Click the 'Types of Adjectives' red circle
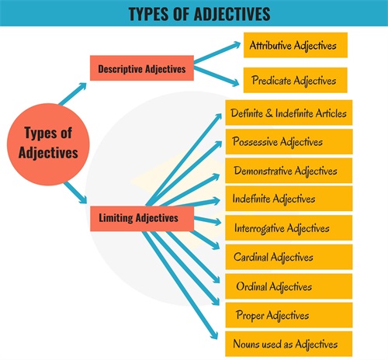point(48,144)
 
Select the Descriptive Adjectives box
point(142,68)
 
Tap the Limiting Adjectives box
point(142,219)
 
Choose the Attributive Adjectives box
point(296,45)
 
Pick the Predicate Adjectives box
point(296,80)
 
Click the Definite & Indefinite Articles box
point(289,112)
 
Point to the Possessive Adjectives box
point(289,142)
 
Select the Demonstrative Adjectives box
point(289,171)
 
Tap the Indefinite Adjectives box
point(289,199)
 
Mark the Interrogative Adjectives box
point(289,228)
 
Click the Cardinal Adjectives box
point(289,257)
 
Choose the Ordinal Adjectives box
point(289,286)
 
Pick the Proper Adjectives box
point(289,315)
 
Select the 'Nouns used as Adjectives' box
point(289,344)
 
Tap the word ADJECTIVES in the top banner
point(232,14)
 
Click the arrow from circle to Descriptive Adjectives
point(72,94)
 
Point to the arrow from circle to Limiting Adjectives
point(75,192)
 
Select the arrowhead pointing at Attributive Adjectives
point(237,45)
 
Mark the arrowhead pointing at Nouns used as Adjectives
point(213,335)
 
